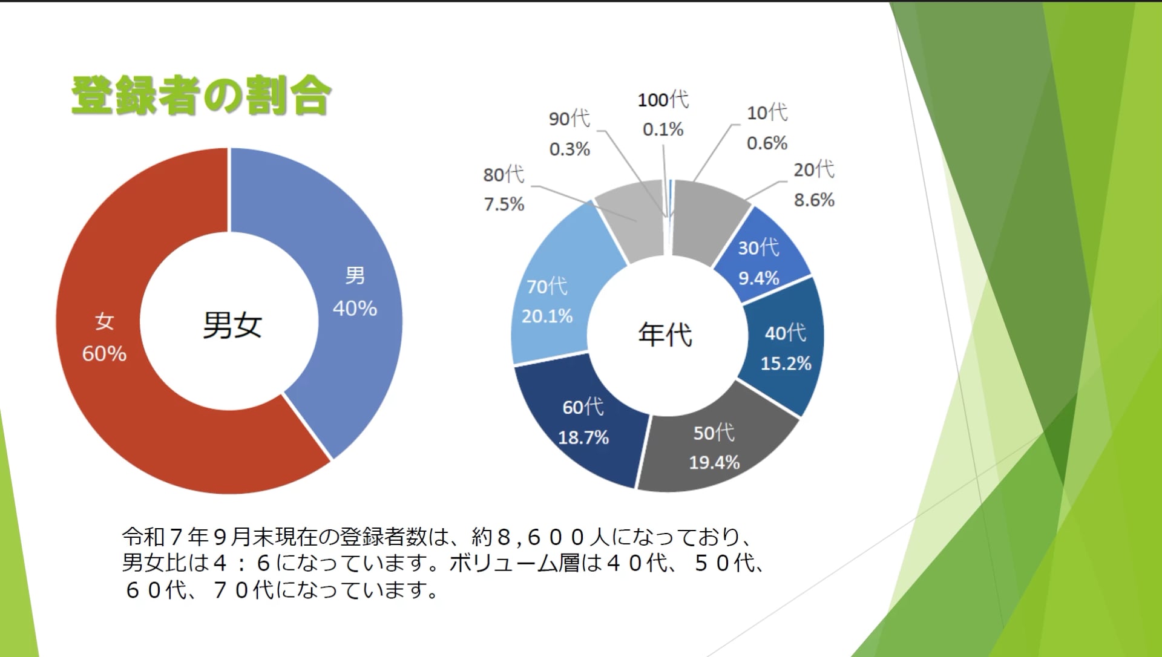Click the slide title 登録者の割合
pos(201,96)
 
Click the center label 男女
pos(232,325)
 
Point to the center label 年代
pos(665,334)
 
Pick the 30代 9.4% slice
pos(764,254)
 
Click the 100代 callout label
pos(663,100)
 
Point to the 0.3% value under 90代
pos(569,149)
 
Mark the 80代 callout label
pos(503,175)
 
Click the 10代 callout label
pos(767,113)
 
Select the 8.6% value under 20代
pos(814,200)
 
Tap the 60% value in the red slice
pos(104,353)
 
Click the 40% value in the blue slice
pos(355,309)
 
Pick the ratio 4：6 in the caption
pos(241,563)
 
